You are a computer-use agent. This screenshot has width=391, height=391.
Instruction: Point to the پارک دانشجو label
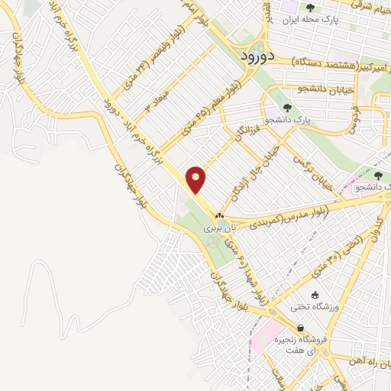click(288, 121)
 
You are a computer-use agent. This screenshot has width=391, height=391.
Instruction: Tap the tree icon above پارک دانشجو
click(286, 108)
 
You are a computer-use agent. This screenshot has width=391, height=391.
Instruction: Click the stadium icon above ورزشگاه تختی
click(314, 295)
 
